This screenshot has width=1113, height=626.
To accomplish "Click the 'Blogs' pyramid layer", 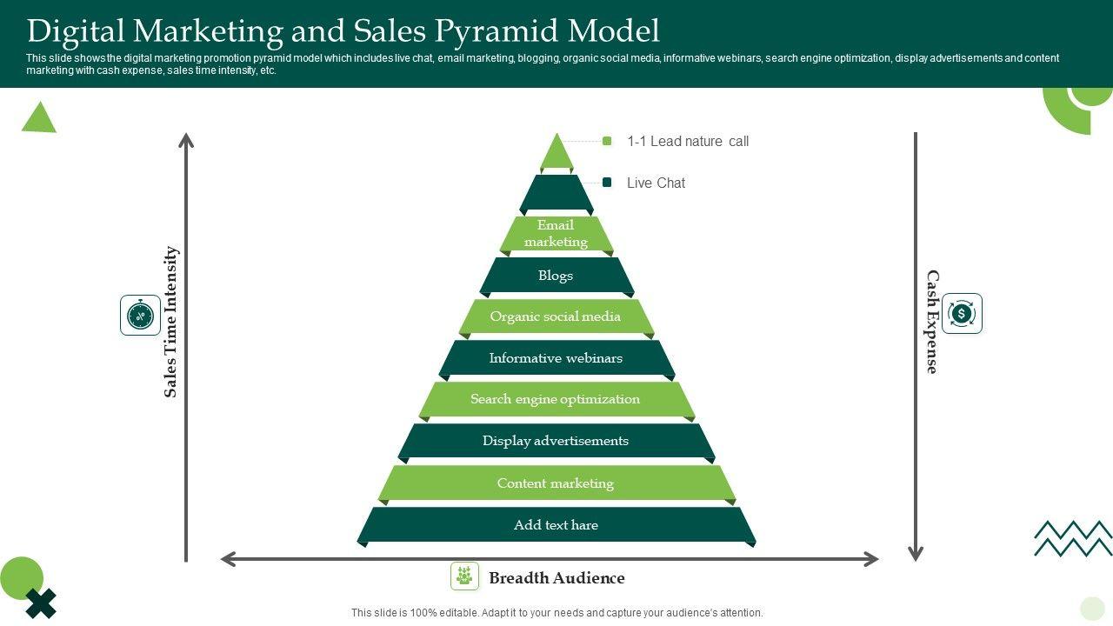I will pos(556,276).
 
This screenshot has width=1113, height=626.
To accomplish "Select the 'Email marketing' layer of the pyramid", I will pos(556,234).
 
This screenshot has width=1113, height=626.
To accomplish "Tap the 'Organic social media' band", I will pos(556,316).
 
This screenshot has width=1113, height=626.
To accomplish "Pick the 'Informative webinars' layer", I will pos(556,358).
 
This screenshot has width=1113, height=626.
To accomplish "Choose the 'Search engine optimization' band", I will pos(556,399).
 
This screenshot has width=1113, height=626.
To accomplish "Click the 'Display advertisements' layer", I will pos(556,441).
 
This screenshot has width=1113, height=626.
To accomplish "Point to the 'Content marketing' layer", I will pos(556,483).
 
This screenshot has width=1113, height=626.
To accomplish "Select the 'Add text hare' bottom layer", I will pos(556,525).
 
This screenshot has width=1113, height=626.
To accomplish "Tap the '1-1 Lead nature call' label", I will pos(687,142).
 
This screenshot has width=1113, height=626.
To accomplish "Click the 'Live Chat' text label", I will pos(656,183).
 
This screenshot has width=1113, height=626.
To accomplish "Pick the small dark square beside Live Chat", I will pos(607,183).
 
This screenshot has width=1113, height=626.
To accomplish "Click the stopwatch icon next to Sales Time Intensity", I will pos(140,315).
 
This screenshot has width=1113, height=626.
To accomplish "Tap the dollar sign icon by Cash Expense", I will pos(962,314).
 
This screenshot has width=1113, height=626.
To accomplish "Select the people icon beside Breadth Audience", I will pos(464,576).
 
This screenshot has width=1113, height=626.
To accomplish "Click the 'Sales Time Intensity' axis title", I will pos(170,322).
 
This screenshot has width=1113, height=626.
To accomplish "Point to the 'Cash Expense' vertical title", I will pos(932,322).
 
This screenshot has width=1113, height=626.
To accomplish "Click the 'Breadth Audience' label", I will pos(556,578).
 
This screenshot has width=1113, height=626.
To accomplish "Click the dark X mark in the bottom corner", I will pos(41,603).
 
